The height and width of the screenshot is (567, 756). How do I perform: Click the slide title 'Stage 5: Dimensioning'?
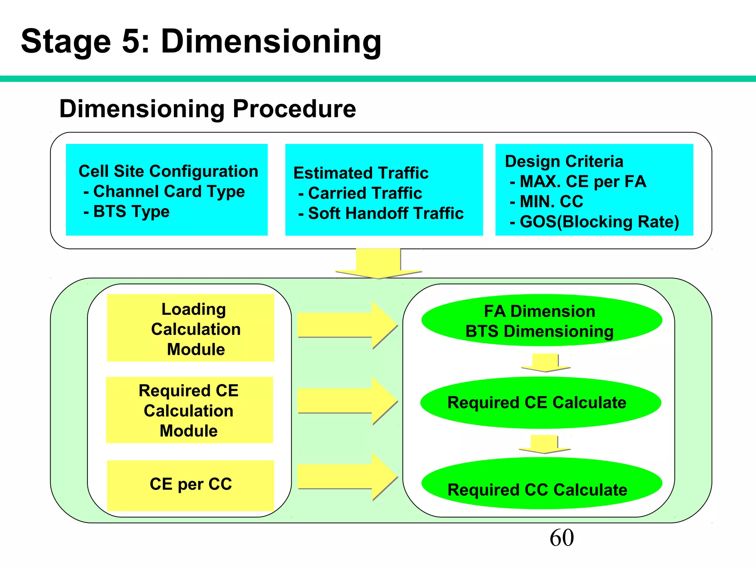click(x=201, y=41)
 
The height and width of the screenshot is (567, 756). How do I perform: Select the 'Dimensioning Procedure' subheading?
click(x=207, y=109)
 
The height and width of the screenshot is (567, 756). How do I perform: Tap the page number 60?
click(x=561, y=538)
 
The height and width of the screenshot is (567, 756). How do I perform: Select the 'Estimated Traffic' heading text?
click(x=361, y=173)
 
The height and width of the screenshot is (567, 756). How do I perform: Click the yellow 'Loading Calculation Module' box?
click(x=190, y=328)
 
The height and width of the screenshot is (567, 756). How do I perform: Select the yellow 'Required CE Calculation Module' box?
click(x=189, y=410)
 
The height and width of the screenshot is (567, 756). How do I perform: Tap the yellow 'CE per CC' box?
click(x=190, y=485)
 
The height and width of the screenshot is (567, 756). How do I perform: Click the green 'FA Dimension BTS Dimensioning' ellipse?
click(x=541, y=320)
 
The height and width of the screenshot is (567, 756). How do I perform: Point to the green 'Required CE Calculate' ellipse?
click(x=540, y=402)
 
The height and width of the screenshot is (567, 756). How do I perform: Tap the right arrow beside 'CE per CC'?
click(x=347, y=477)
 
